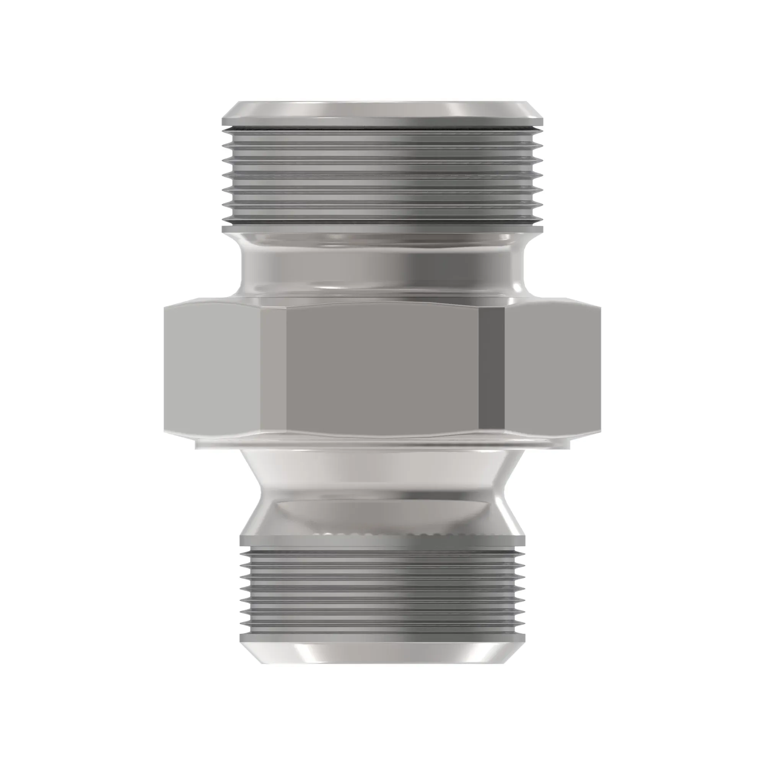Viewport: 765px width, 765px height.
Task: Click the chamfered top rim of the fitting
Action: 382,111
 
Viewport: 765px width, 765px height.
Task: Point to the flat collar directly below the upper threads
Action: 382,228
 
